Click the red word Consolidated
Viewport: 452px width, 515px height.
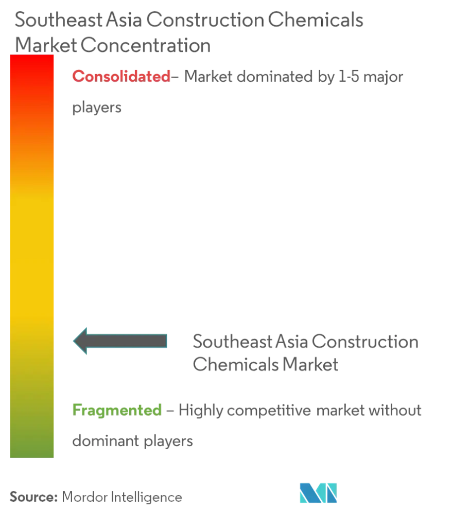pyautogui.click(x=121, y=77)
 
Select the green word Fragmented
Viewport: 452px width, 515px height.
pyautogui.click(x=117, y=410)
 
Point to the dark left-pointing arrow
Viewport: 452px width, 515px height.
pyautogui.click(x=120, y=341)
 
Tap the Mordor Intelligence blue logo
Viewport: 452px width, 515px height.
pyautogui.click(x=318, y=493)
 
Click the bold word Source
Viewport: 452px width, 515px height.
pyautogui.click(x=33, y=497)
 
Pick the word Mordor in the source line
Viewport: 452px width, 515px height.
pyautogui.click(x=84, y=497)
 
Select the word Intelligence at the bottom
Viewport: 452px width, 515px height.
pyautogui.click(x=146, y=498)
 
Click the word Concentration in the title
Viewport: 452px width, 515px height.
pyautogui.click(x=146, y=45)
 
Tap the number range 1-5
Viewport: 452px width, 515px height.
pyautogui.click(x=349, y=77)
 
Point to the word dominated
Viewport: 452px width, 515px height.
pyautogui.click(x=275, y=77)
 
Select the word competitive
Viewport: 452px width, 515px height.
pyautogui.click(x=269, y=411)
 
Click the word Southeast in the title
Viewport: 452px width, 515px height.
pyautogui.click(x=59, y=20)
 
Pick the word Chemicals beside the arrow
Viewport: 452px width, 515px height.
pyautogui.click(x=236, y=365)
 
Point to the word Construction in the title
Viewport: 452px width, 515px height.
pyautogui.click(x=205, y=20)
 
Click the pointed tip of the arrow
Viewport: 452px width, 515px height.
pyautogui.click(x=73, y=341)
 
